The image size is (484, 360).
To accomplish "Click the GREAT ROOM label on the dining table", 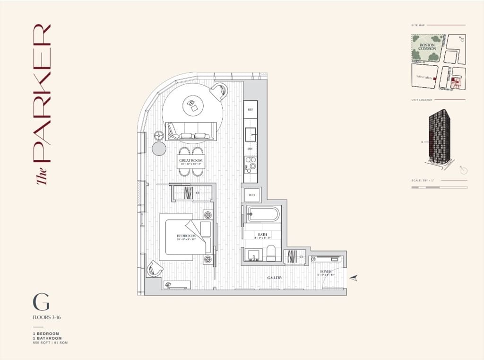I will [191, 161].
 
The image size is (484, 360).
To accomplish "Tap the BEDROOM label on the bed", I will [186, 236].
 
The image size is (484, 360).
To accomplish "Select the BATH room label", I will [262, 234].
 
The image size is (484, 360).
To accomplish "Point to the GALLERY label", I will [275, 278].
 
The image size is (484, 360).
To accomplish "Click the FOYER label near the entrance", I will [326, 272].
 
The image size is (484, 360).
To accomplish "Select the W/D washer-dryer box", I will [251, 194].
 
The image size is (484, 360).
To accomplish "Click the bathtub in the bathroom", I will [263, 214].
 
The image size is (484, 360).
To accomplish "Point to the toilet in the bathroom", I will [272, 254].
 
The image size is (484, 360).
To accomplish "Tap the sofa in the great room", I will [191, 131].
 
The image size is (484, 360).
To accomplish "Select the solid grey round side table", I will [159, 149].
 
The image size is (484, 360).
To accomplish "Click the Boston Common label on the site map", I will [426, 47].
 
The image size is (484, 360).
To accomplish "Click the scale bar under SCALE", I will [439, 188].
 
